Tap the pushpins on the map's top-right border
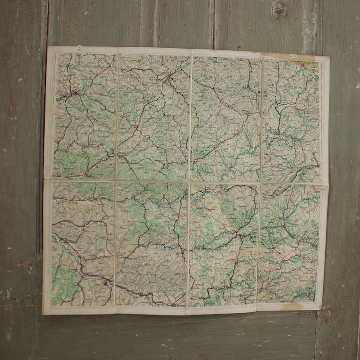[x=293, y=56]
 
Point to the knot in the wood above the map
[x=279, y=8]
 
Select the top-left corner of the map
[x=48, y=46]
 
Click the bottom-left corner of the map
[x=43, y=313]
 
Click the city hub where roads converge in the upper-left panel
[x=75, y=94]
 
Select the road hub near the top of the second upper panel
[x=171, y=78]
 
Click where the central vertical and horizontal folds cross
[x=189, y=182]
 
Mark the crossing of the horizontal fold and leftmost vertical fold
[x=116, y=181]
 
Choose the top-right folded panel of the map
[x=292, y=119]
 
